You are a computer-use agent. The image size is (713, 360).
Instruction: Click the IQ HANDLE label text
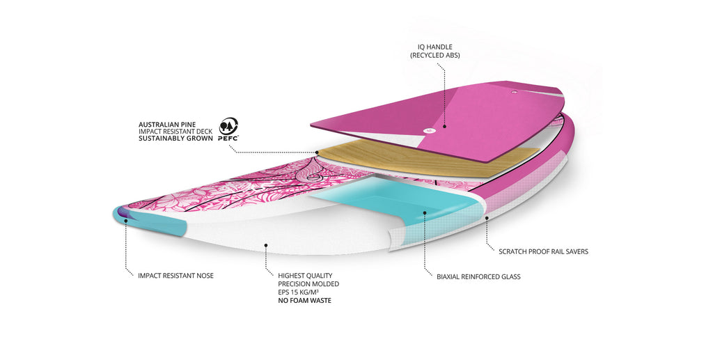(x=435, y=47)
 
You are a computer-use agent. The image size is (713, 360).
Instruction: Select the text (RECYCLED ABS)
(x=435, y=55)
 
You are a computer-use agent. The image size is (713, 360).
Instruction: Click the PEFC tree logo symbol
(x=228, y=126)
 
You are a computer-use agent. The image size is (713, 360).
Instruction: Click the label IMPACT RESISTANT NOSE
(x=175, y=276)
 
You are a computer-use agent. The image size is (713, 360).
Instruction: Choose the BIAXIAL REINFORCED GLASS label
(x=478, y=276)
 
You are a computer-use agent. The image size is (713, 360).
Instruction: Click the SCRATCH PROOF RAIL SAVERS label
(x=543, y=251)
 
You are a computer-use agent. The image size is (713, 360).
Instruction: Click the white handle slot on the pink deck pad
(x=427, y=128)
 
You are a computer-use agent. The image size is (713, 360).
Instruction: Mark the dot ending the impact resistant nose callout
(x=126, y=221)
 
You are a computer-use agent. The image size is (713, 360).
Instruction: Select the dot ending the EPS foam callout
(x=266, y=244)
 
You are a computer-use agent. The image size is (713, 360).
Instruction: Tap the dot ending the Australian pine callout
(x=317, y=152)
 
